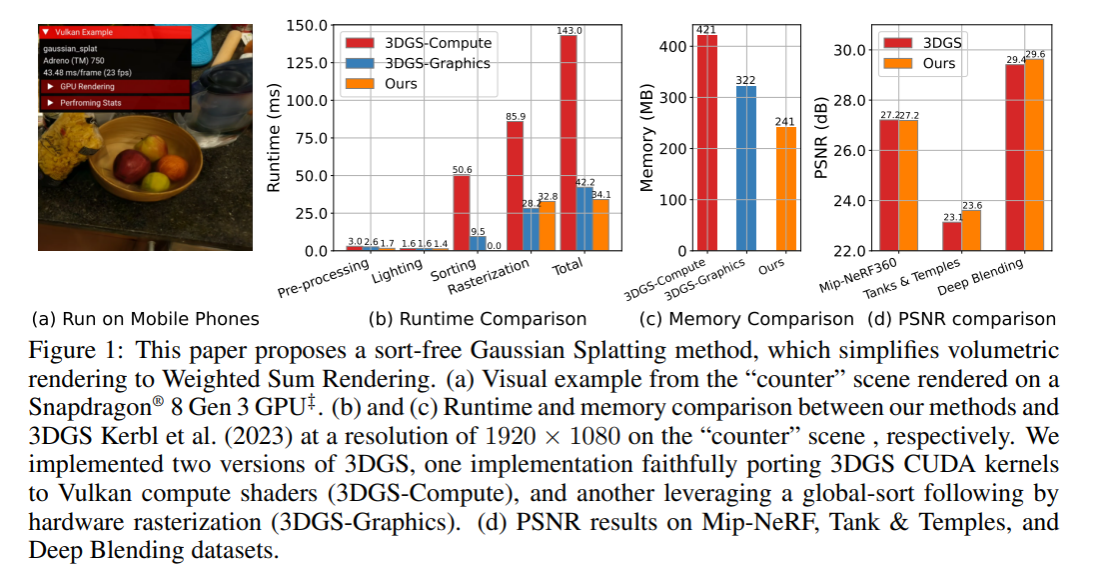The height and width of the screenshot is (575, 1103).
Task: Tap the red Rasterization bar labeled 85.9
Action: point(515,186)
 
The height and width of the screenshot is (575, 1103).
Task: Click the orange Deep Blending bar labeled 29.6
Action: point(1034,155)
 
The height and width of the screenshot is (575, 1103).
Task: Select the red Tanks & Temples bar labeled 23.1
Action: point(951,236)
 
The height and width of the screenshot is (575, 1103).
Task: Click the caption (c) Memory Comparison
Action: point(746,319)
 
